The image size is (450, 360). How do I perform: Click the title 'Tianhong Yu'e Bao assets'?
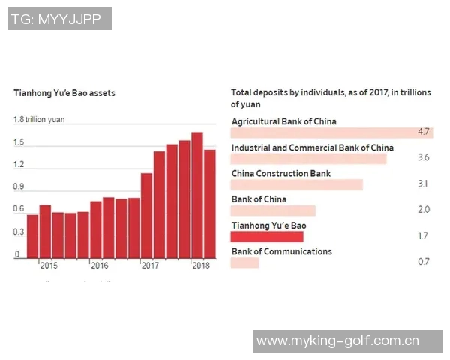pyautogui.click(x=64, y=94)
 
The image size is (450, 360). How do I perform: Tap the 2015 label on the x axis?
pyautogui.click(x=49, y=265)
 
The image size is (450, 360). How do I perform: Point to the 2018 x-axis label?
pyautogui.click(x=200, y=265)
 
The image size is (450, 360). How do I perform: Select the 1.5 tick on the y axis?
pyautogui.click(x=19, y=142)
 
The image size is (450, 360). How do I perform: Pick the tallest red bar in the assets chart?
pyautogui.click(x=197, y=195)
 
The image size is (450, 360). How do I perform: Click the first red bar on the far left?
pyautogui.click(x=32, y=236)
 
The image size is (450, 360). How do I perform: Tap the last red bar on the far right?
pyautogui.click(x=210, y=203)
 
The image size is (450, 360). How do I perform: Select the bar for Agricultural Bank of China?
pyautogui.click(x=330, y=133)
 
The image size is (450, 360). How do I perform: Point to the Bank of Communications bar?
pyautogui.click(x=245, y=262)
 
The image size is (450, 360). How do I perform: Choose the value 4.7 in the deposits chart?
pyautogui.click(x=423, y=133)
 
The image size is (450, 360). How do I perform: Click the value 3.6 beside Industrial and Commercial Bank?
pyautogui.click(x=423, y=158)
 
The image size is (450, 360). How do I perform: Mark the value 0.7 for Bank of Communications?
pyautogui.click(x=423, y=262)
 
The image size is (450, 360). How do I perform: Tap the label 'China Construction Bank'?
pyautogui.click(x=280, y=174)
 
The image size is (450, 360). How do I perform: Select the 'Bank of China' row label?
pyautogui.click(x=259, y=199)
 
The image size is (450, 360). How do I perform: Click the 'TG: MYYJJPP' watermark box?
pyautogui.click(x=60, y=19)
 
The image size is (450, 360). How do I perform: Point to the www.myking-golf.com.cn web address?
pyautogui.click(x=337, y=341)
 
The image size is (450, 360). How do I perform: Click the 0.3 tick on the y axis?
pyautogui.click(x=19, y=232)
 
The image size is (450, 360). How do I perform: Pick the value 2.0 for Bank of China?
pyautogui.click(x=423, y=210)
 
